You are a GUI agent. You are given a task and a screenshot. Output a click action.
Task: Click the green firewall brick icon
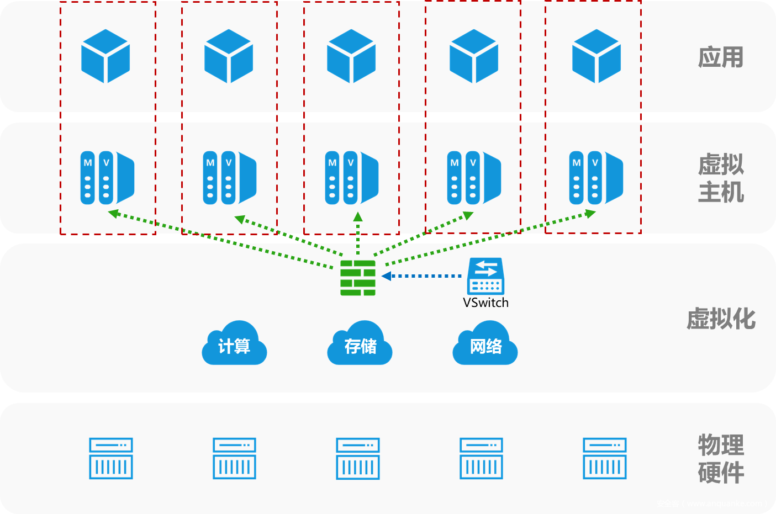point(358,278)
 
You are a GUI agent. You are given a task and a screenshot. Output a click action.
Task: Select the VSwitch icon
point(485,276)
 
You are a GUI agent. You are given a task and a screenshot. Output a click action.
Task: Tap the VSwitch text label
point(485,303)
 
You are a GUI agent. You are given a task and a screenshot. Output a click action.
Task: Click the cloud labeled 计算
point(234,345)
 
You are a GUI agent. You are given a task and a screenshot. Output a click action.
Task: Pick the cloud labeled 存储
point(360,345)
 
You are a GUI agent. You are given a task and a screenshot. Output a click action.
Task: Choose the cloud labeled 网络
point(485,345)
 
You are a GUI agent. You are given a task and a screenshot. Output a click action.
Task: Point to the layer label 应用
point(721,57)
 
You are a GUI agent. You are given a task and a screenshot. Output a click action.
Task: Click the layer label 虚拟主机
point(721,178)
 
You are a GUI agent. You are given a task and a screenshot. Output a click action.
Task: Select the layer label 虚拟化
point(721,319)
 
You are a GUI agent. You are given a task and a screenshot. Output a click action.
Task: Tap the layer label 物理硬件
point(721,459)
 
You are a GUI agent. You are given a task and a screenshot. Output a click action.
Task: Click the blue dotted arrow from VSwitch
point(423,275)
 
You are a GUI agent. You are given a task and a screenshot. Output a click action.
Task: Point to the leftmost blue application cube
point(105,56)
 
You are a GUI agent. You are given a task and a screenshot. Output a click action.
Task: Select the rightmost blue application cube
point(596,56)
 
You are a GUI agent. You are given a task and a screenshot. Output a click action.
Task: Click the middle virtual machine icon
point(352,178)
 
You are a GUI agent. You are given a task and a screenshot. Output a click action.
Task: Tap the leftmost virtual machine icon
point(108,178)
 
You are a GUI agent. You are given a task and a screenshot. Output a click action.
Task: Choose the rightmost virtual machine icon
point(596,178)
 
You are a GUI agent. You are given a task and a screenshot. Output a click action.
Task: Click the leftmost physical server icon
point(111,458)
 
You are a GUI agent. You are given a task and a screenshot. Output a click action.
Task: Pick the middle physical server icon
point(358,458)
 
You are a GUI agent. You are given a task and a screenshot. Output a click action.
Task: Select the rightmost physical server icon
point(605,458)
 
